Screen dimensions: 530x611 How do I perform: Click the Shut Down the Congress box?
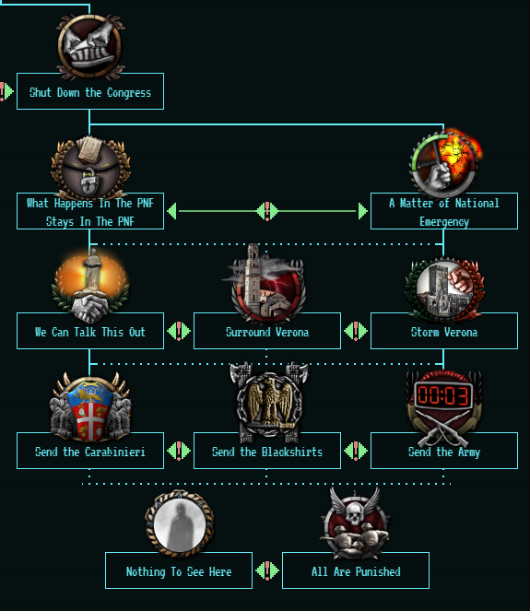[x=90, y=91]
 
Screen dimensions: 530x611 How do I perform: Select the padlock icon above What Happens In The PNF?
[x=88, y=182]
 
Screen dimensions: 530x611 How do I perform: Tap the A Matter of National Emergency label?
[x=444, y=212]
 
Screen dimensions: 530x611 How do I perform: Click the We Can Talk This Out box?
[x=90, y=331]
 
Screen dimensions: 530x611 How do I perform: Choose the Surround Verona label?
[x=267, y=332]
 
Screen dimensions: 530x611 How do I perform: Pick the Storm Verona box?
[x=444, y=331]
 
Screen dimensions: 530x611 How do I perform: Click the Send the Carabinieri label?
[x=90, y=452]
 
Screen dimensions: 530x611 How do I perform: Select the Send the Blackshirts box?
[x=267, y=451]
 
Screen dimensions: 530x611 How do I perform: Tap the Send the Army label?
[x=444, y=452]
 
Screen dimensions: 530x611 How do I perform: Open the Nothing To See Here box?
[x=179, y=570]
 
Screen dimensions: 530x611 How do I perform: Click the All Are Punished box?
[x=356, y=570]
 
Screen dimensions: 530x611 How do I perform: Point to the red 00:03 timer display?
[x=443, y=395]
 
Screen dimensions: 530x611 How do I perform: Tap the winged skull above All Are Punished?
[x=355, y=507]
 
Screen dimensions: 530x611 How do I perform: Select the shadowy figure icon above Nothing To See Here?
[x=179, y=524]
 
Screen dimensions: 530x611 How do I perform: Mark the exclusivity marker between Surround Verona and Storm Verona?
[x=356, y=331]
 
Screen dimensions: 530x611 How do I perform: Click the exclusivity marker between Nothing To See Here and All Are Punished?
[x=267, y=570]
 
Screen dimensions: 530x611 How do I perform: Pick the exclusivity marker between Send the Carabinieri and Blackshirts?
[x=179, y=451]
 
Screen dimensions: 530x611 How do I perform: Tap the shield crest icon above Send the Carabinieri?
[x=90, y=409]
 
